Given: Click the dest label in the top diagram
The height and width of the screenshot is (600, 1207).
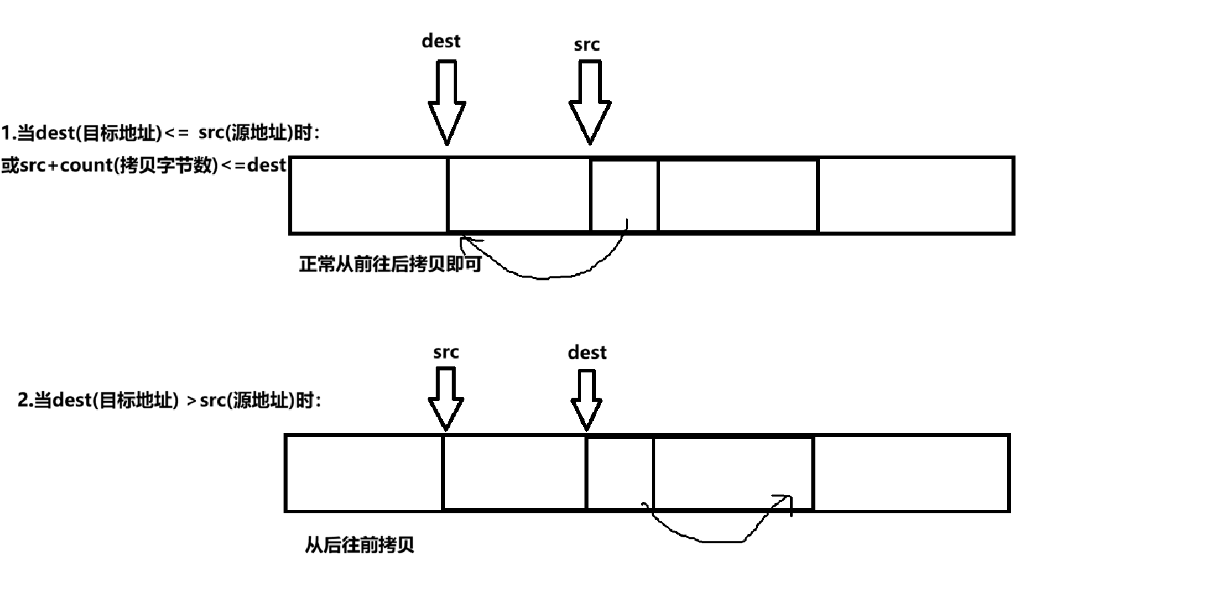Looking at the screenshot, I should (x=441, y=41).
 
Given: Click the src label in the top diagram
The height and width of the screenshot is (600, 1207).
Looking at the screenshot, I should (x=586, y=45).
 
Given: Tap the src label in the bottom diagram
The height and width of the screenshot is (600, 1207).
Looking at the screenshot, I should (x=446, y=352).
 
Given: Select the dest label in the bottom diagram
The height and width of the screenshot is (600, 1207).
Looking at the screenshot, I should (x=587, y=352).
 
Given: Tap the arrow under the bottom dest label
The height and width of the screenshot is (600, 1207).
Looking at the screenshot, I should (x=586, y=400).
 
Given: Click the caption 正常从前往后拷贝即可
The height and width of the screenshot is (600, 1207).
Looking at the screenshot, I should (x=390, y=264).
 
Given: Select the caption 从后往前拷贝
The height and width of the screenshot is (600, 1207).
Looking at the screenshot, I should (x=360, y=545).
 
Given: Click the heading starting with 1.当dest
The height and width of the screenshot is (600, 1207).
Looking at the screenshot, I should (x=160, y=133).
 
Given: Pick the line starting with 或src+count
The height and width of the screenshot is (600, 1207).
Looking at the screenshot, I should (x=143, y=165).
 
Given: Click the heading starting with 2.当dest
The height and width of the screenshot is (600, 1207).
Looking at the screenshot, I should (x=169, y=400).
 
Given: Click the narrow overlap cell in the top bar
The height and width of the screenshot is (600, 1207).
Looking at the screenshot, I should (x=624, y=195).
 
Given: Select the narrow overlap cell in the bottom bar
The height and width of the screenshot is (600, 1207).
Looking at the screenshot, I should (x=620, y=473).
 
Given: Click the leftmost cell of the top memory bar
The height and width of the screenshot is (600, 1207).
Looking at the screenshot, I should (x=368, y=195).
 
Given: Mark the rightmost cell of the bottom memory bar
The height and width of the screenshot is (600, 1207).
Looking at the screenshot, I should (x=911, y=473).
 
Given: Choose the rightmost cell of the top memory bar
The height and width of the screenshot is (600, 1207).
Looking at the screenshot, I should (x=915, y=195).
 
